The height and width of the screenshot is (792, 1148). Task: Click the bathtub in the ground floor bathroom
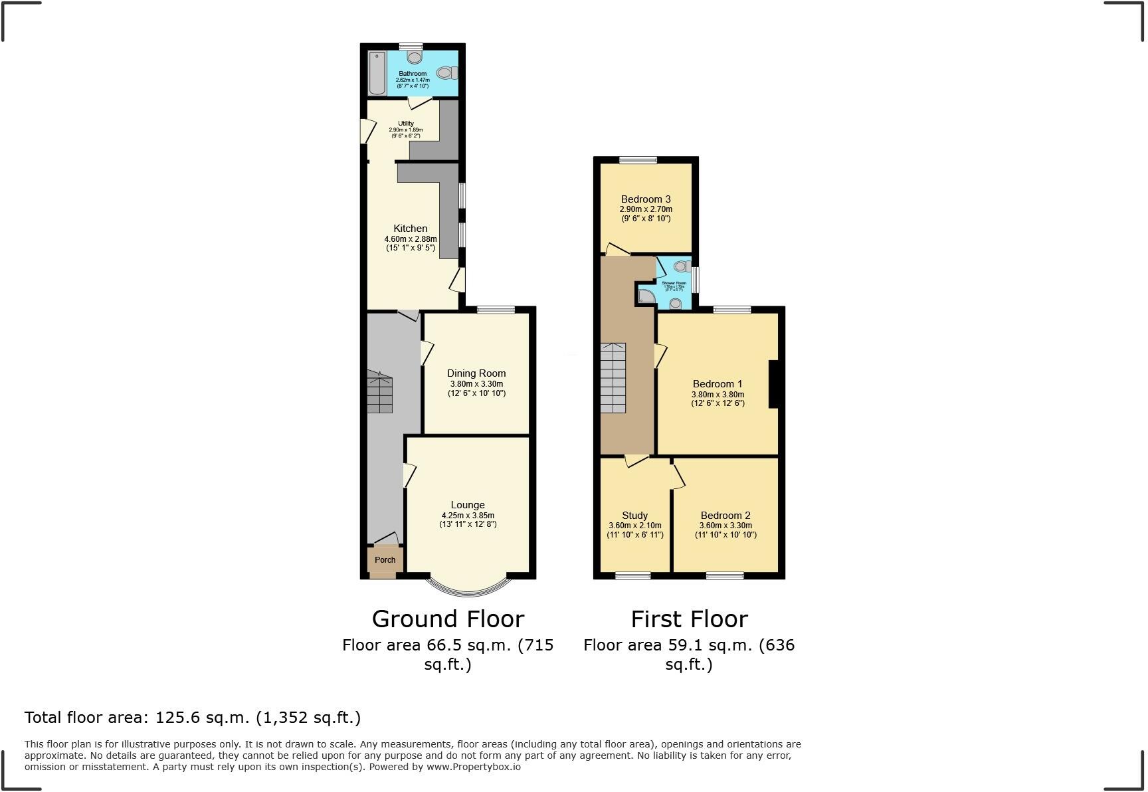click(377, 73)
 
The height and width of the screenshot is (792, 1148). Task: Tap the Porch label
click(385, 560)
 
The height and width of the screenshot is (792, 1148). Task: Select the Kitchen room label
click(411, 229)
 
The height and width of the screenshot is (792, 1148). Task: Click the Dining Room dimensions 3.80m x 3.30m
click(476, 384)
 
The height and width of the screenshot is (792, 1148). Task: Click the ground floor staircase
click(380, 393)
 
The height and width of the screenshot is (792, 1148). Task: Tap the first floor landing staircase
click(613, 379)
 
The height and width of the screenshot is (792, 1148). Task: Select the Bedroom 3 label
click(646, 199)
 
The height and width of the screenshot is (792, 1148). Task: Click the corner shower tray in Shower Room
click(645, 296)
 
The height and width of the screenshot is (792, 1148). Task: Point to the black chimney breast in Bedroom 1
click(773, 383)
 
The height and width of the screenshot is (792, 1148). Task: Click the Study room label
click(635, 516)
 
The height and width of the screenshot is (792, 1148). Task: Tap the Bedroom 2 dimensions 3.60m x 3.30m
click(725, 526)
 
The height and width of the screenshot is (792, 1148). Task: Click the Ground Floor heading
click(448, 619)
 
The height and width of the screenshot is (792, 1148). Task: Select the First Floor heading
click(689, 619)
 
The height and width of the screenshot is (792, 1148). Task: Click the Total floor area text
click(193, 718)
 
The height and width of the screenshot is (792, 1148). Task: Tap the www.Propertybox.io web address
click(473, 767)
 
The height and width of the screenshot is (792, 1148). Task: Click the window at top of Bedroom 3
click(638, 160)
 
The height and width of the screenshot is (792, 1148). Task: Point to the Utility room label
click(406, 124)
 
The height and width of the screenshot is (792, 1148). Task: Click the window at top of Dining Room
click(496, 310)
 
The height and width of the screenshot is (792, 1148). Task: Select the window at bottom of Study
click(632, 575)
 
